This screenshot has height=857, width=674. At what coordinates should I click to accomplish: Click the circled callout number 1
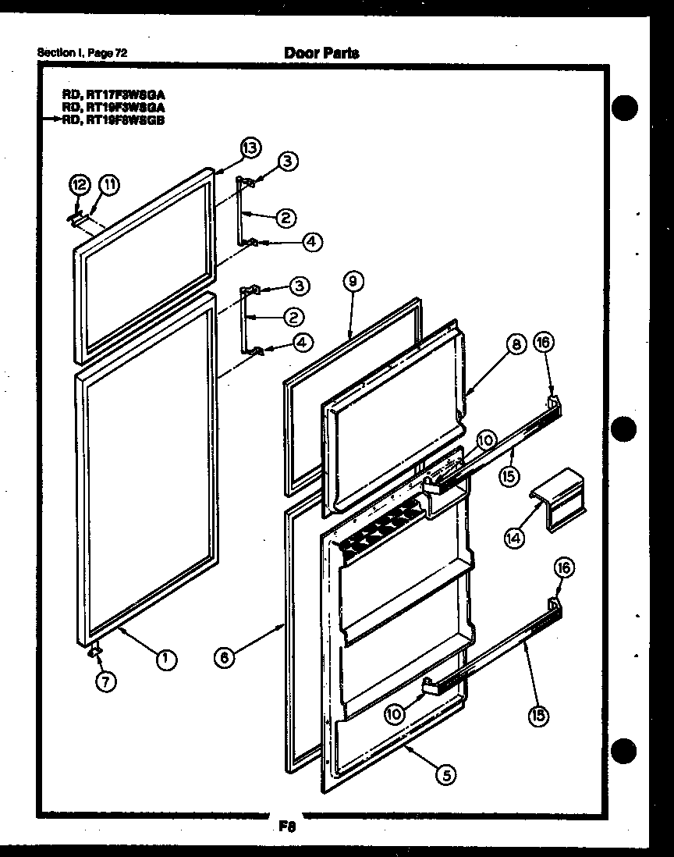click(x=165, y=659)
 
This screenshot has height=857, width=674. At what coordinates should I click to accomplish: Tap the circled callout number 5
click(x=445, y=774)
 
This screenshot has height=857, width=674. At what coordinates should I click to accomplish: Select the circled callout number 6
click(x=224, y=657)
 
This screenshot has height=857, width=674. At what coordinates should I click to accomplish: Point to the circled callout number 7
click(x=107, y=681)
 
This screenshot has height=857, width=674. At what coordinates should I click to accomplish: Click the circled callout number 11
click(x=110, y=185)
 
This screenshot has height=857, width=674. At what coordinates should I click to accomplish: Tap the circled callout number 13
click(x=250, y=147)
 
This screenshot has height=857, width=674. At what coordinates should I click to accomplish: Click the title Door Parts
click(x=321, y=53)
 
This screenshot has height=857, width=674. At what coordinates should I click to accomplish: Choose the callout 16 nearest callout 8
click(x=543, y=343)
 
